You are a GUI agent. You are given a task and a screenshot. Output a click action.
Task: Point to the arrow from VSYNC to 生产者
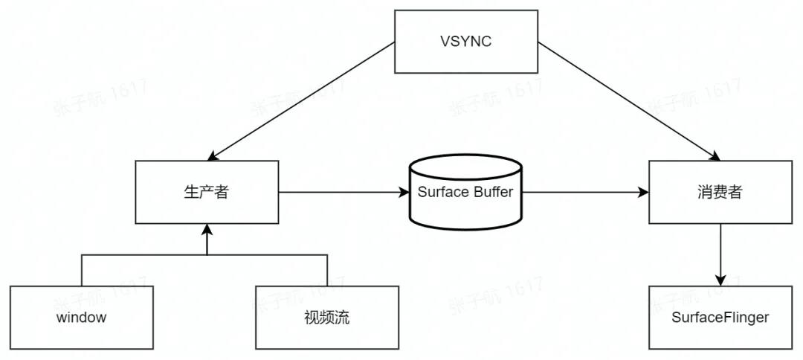pyautogui.click(x=300, y=101)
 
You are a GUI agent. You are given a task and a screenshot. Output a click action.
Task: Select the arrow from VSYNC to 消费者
pyautogui.click(x=628, y=101)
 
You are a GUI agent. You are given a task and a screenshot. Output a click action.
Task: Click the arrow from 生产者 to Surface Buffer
pyautogui.click(x=342, y=192)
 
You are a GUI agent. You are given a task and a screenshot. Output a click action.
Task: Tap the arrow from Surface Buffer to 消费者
pyautogui.click(x=584, y=192)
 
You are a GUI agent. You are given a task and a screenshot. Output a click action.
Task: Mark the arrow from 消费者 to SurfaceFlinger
pyautogui.click(x=720, y=253)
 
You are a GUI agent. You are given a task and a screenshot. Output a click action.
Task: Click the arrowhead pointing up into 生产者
pyautogui.click(x=207, y=231)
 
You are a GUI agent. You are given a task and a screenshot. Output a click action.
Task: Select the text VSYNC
pyautogui.click(x=465, y=41)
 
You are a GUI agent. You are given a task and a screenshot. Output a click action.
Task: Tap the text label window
pyautogui.click(x=82, y=318)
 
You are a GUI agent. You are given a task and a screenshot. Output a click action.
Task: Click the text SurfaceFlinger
pyautogui.click(x=720, y=318)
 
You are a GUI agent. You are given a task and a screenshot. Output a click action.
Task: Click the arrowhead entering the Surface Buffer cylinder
pyautogui.click(x=404, y=192)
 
